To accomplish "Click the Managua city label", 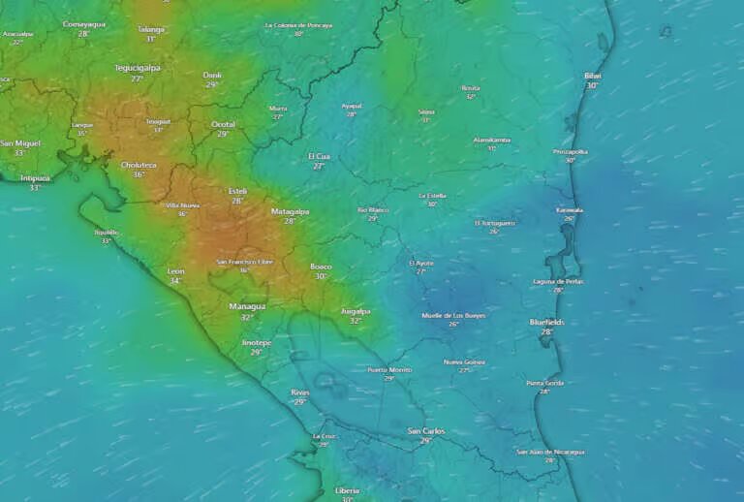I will [x=247, y=306].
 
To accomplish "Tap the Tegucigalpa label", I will [x=138, y=68].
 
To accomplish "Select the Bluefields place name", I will [x=546, y=322].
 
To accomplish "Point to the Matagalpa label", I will [x=290, y=210].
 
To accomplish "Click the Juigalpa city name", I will [x=356, y=311].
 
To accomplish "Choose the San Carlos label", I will [x=425, y=430].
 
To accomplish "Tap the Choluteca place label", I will [x=139, y=165].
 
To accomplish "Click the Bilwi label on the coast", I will [x=592, y=76].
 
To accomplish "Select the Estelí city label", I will [x=237, y=191].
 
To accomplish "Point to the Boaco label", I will [x=321, y=266].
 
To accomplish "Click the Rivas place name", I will [x=300, y=392].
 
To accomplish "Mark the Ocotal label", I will [x=223, y=124].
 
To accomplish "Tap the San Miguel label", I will [x=20, y=142].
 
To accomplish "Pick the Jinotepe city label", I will [x=257, y=342].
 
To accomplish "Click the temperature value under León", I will [x=175, y=281].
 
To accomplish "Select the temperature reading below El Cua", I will [x=319, y=166].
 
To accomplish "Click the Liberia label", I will [x=347, y=490].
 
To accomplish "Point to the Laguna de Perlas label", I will [x=558, y=281].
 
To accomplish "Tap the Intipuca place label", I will [x=35, y=177].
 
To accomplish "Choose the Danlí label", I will [x=212, y=75].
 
